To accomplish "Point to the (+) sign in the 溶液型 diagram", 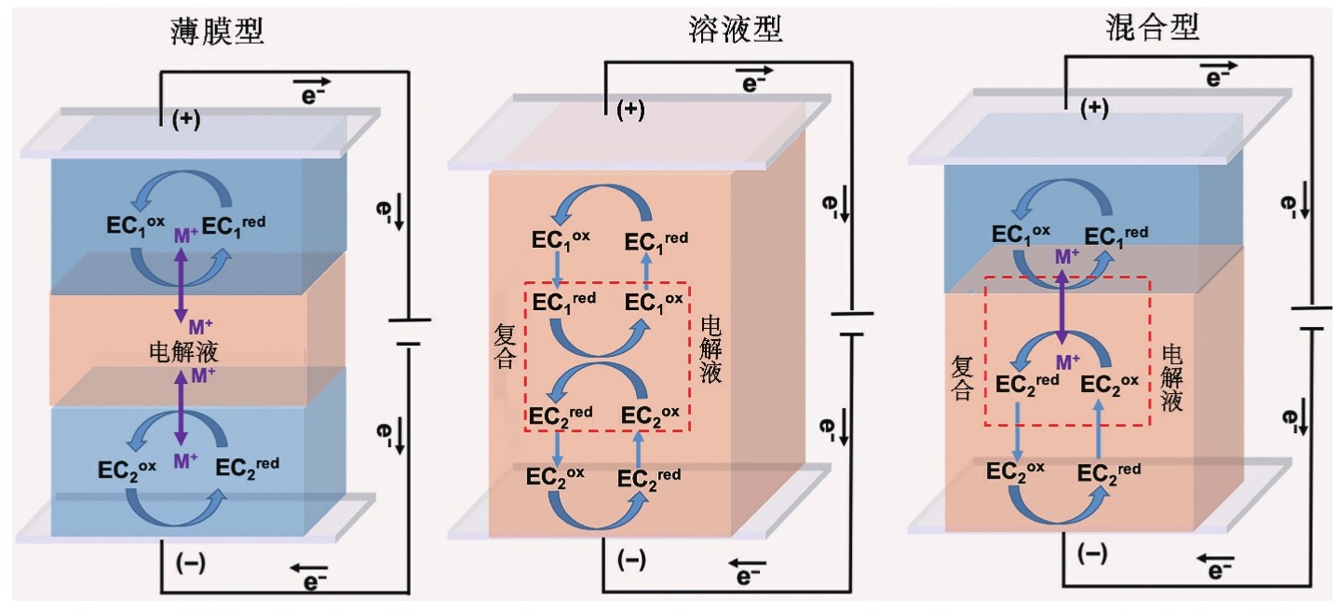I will (630, 109).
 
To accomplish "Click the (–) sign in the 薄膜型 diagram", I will (189, 561).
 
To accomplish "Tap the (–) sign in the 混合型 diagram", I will (1091, 554).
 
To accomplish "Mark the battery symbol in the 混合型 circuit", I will (1308, 317).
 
